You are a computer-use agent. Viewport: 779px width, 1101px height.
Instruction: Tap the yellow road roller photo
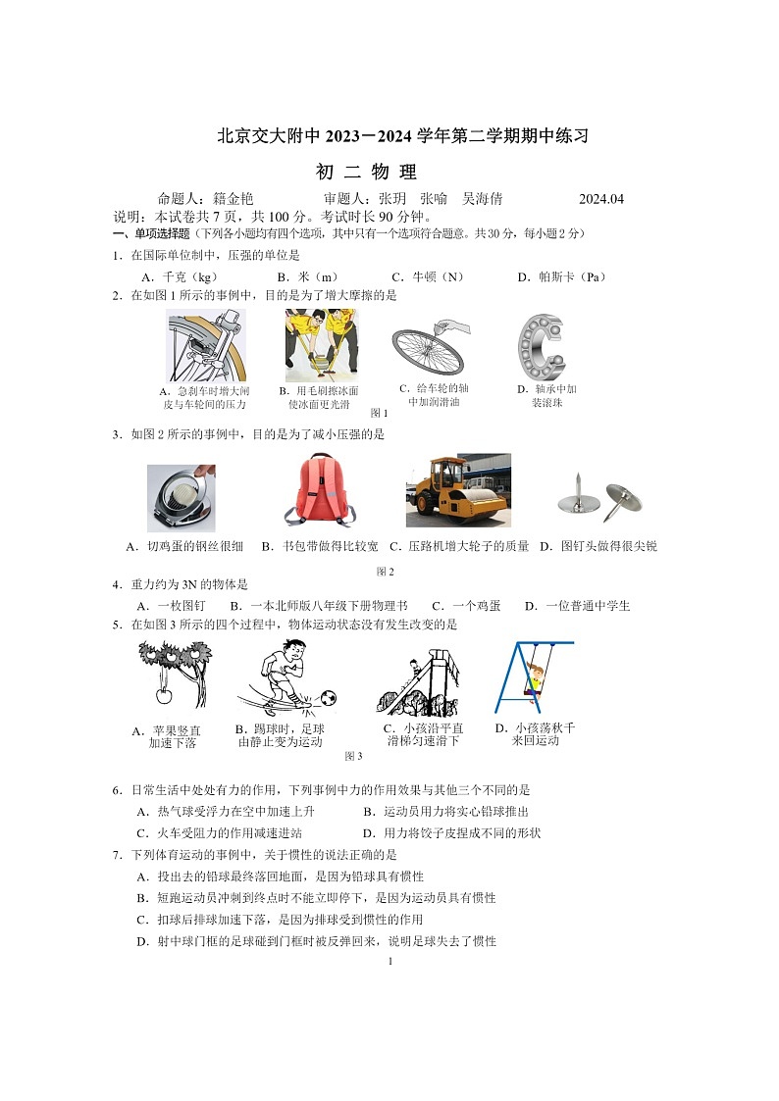click(x=458, y=490)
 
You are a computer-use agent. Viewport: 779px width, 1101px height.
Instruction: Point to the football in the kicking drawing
click(x=328, y=698)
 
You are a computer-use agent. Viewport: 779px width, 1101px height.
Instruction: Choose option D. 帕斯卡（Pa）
click(x=562, y=277)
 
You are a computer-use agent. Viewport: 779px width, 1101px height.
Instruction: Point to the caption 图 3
click(x=353, y=756)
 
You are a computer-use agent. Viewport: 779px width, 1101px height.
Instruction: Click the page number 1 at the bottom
click(x=389, y=961)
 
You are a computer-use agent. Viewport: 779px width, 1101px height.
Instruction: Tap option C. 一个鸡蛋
click(x=466, y=606)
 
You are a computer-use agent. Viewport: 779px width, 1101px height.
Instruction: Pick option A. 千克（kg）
click(x=180, y=277)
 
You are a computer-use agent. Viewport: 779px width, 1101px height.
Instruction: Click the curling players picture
click(x=321, y=345)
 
